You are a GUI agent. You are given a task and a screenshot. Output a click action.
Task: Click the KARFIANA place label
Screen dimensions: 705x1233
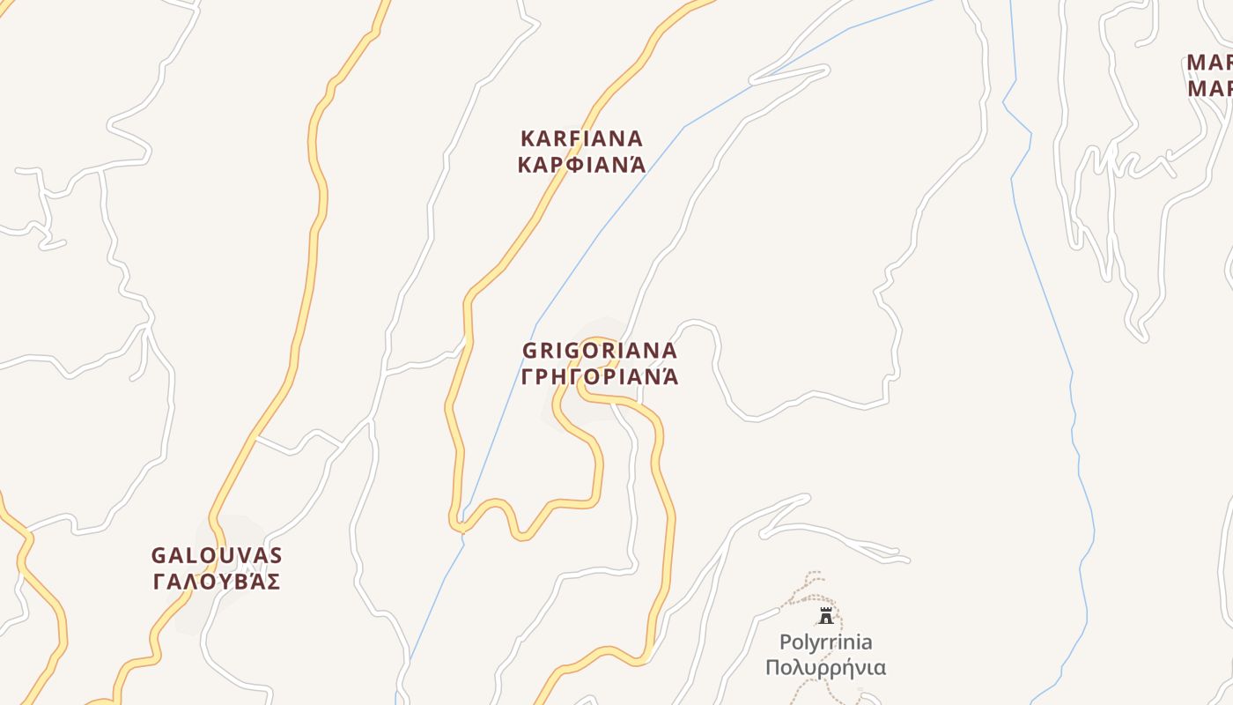[581, 139]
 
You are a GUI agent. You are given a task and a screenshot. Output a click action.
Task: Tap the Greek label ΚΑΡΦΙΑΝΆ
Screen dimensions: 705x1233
[581, 165]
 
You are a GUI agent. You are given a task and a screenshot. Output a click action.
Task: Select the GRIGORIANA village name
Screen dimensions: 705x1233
[600, 351]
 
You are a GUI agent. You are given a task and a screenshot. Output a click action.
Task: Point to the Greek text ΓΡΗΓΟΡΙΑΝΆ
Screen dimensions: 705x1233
[600, 377]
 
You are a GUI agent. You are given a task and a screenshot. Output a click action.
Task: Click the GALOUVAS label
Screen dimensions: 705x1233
[217, 556]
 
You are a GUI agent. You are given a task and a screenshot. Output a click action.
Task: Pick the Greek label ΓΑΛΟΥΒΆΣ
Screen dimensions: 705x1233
[217, 582]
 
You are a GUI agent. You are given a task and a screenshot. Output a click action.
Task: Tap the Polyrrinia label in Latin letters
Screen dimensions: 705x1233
[825, 642]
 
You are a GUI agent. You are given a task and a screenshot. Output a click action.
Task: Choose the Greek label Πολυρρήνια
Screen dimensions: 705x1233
[825, 666]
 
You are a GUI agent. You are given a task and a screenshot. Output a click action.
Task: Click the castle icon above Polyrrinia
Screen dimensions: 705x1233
[826, 615]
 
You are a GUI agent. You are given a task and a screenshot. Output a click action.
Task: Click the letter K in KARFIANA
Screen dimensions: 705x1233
[528, 139]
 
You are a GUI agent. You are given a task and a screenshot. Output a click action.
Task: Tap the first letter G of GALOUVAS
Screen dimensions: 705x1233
[159, 556]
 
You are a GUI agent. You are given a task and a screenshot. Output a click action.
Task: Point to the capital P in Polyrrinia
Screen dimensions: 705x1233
[785, 642]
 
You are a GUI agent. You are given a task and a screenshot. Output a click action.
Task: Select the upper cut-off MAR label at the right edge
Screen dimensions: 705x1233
[1209, 63]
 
